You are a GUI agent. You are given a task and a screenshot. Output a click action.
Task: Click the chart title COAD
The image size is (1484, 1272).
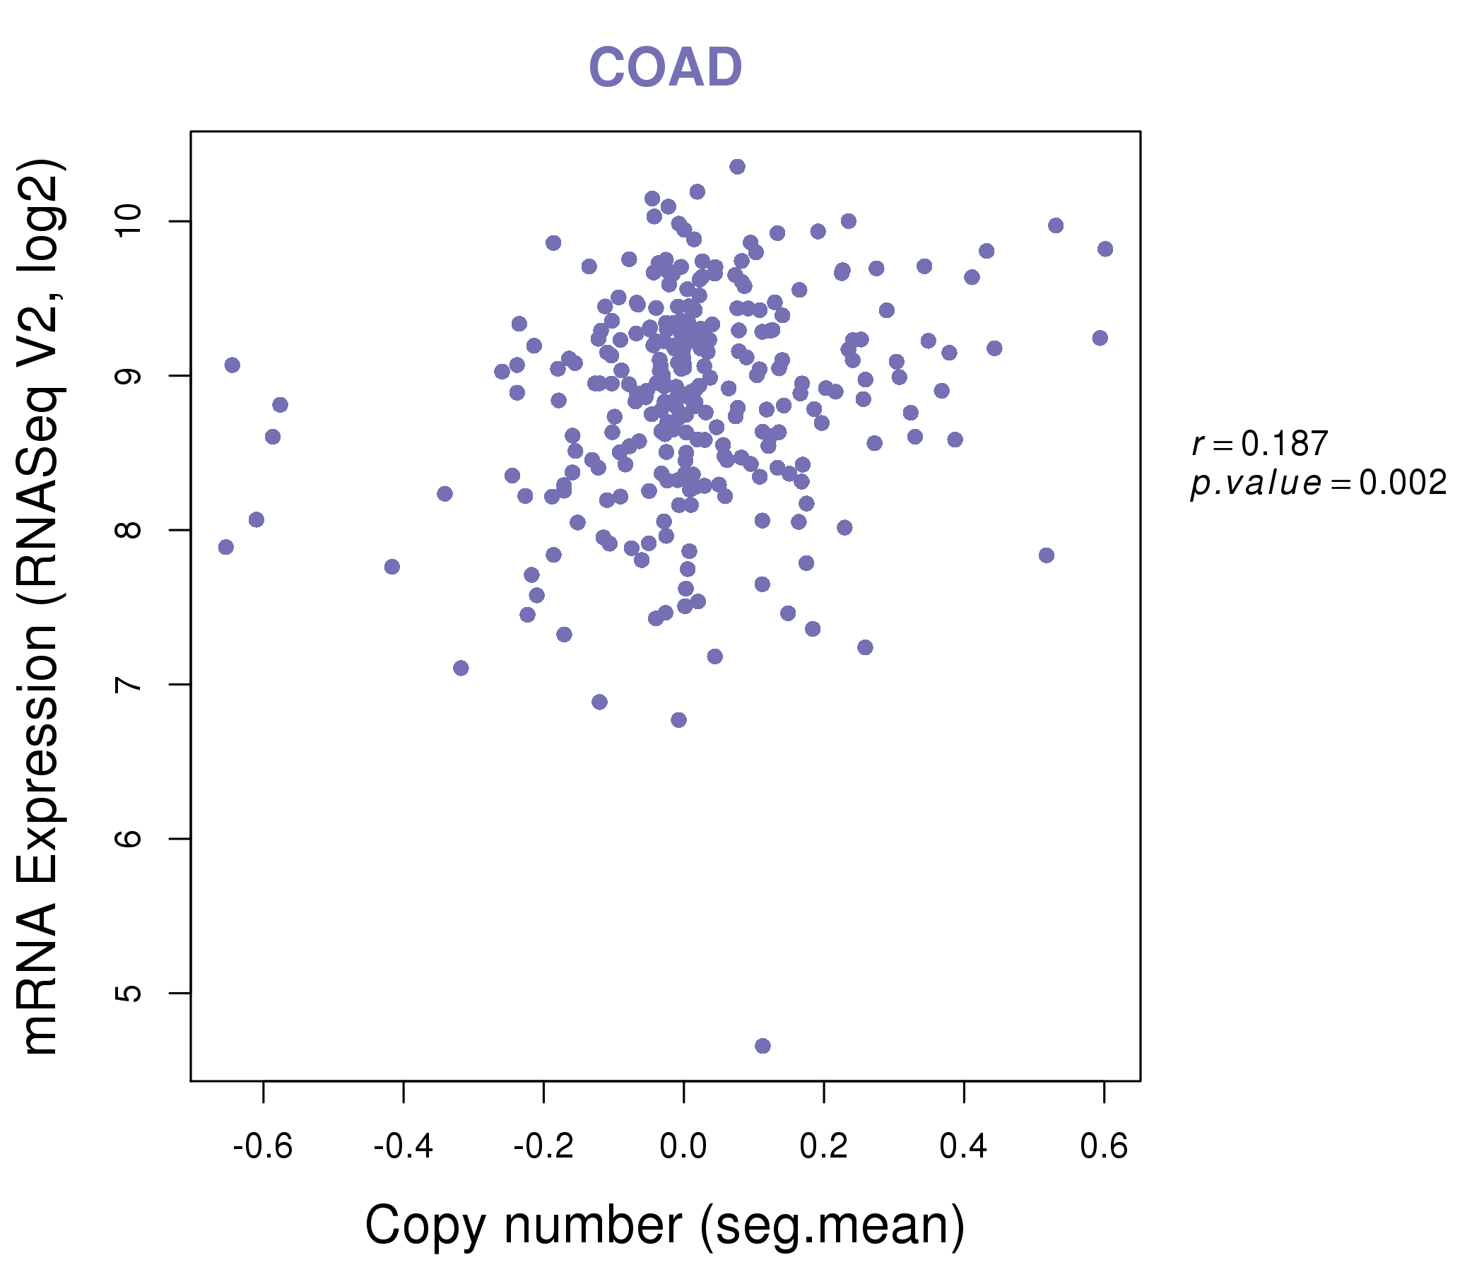(665, 68)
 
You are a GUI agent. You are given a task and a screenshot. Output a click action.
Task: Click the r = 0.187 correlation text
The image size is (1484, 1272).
(1259, 444)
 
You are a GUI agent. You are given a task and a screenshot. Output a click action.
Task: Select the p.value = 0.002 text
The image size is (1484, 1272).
(1318, 483)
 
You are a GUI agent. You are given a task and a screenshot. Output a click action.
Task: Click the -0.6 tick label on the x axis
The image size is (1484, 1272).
(263, 1146)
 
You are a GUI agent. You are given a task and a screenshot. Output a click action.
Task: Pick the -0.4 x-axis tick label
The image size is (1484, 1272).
(404, 1146)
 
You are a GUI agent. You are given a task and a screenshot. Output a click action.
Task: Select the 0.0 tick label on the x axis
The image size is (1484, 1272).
(683, 1146)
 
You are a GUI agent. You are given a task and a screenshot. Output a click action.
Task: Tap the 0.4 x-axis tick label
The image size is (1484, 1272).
(964, 1146)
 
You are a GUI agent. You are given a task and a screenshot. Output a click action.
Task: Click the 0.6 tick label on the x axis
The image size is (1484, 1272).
(1104, 1146)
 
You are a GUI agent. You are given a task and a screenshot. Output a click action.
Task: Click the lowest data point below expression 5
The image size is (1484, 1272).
(762, 1046)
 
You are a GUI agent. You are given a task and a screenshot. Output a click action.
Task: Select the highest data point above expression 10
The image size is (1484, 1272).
(737, 167)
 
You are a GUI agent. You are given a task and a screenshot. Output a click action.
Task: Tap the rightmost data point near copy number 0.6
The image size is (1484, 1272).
(1105, 249)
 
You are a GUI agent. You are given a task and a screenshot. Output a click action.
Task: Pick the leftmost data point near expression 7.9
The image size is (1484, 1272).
(225, 547)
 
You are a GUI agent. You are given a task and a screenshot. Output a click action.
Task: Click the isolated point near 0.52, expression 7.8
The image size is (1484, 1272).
(1047, 555)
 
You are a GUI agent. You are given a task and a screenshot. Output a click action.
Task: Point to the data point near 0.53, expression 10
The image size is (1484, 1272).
(1056, 225)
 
